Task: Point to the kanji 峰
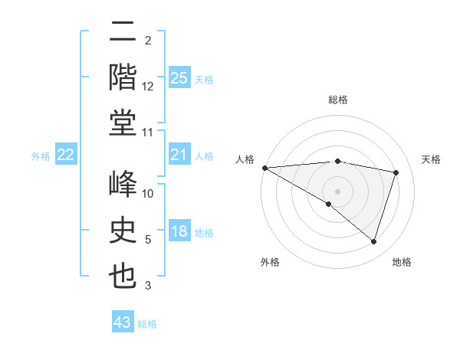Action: coord(123,184)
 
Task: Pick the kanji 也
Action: coord(123,276)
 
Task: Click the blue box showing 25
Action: coord(179,77)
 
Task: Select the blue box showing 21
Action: coord(179,155)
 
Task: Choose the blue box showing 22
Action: coord(66,155)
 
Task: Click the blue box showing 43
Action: coord(123,322)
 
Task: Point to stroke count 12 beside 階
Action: coord(148,87)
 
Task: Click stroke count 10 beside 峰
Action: coord(148,194)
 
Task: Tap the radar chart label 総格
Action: coord(338,100)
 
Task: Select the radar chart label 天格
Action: coord(432,159)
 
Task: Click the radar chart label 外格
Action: coord(270,262)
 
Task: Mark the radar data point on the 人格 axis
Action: coord(264,167)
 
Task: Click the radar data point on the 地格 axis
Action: coord(374,242)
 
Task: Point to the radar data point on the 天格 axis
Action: coord(396,172)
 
